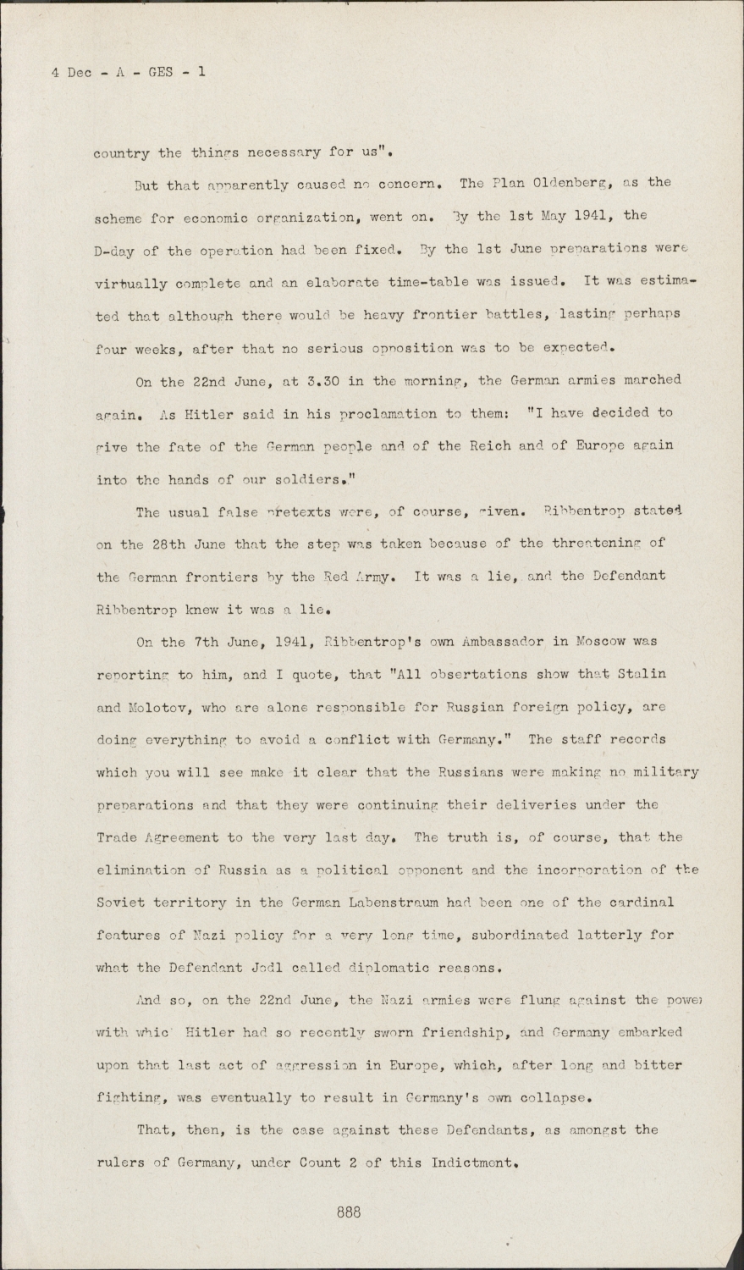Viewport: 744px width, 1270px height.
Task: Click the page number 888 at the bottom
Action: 348,1212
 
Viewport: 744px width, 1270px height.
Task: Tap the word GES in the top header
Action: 160,72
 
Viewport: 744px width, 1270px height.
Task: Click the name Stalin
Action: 642,674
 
